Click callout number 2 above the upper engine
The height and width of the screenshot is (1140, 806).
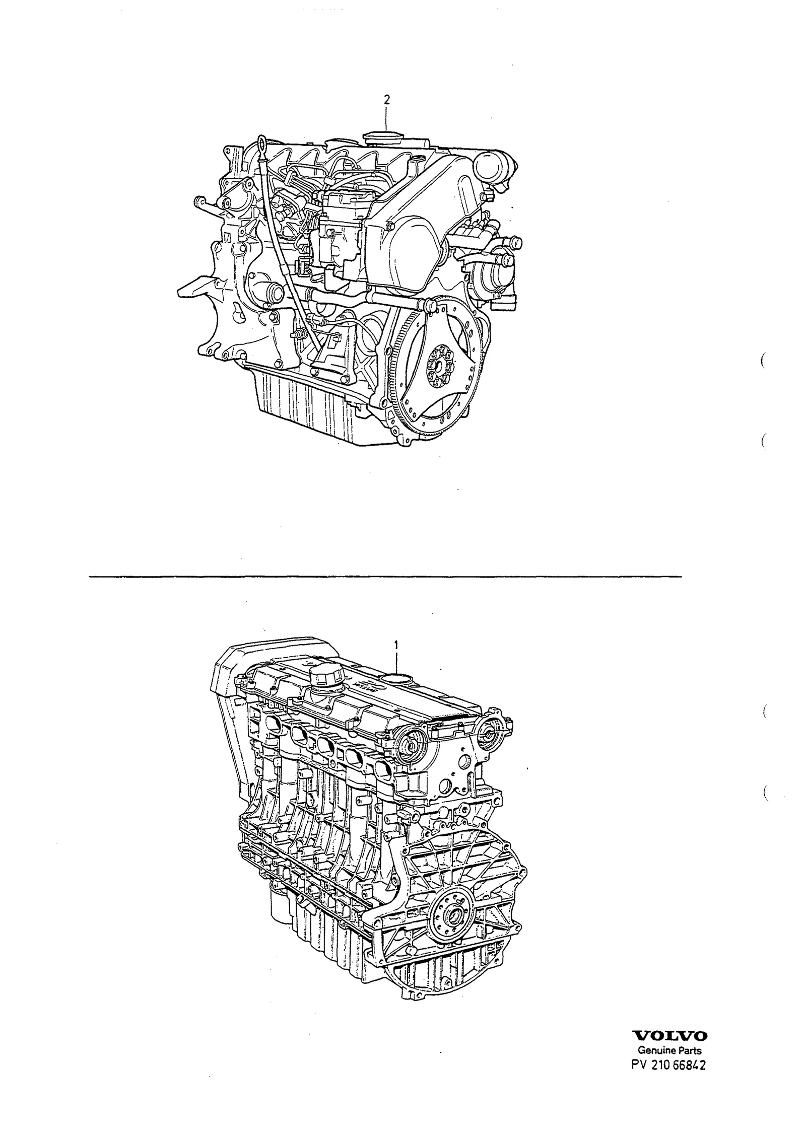[386, 100]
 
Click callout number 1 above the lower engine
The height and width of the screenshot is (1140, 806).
[397, 644]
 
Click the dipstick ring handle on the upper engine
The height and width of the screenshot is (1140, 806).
[261, 142]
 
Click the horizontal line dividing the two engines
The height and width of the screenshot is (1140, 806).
[385, 576]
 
